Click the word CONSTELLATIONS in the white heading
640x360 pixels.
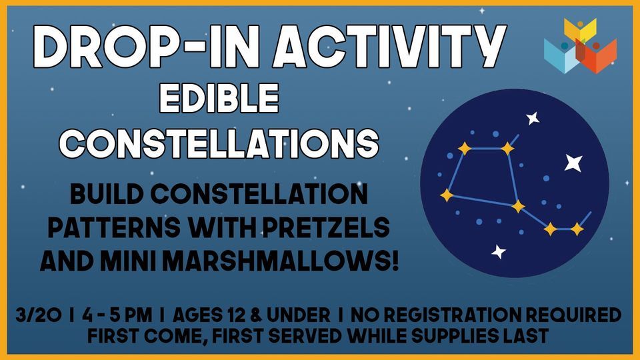click(x=223, y=141)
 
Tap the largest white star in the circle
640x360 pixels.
click(x=573, y=162)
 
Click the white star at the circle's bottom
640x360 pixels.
click(x=498, y=251)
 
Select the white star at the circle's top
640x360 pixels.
click(x=533, y=119)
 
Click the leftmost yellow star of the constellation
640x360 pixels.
click(x=447, y=195)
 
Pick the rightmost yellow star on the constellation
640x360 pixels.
click(x=577, y=229)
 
